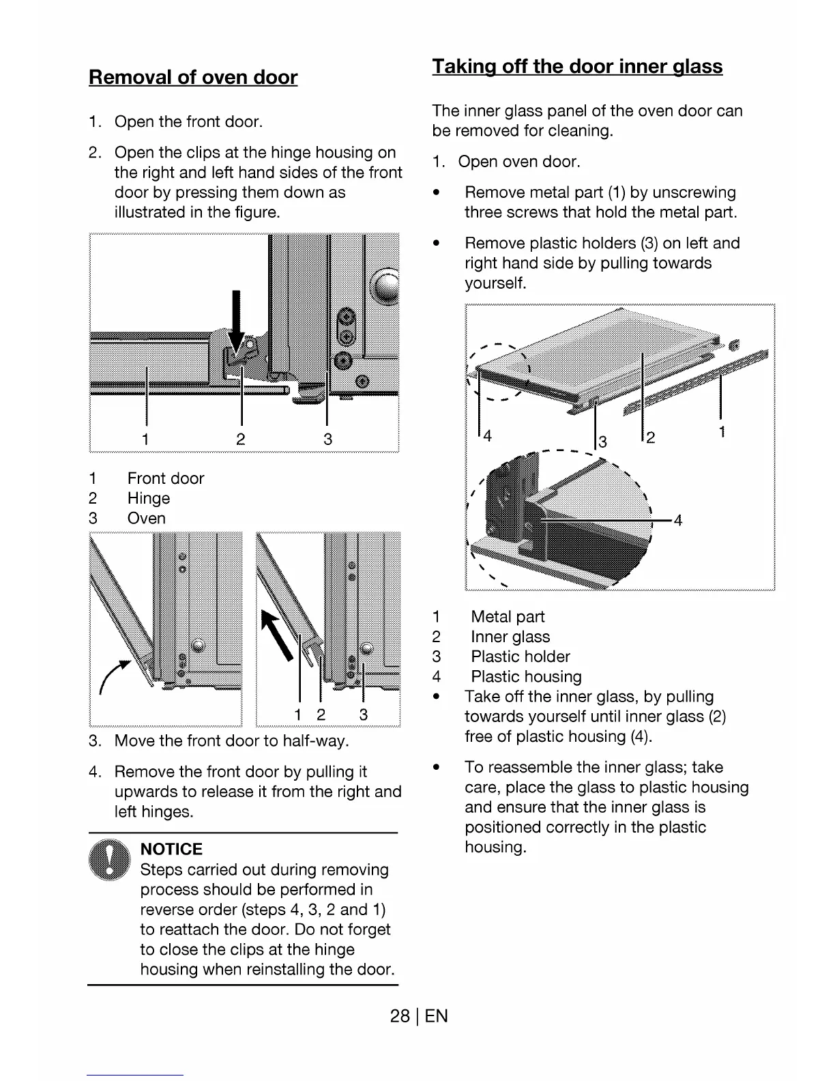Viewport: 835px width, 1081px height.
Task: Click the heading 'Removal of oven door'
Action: pyautogui.click(x=193, y=77)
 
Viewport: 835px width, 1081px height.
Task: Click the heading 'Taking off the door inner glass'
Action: pyautogui.click(x=577, y=66)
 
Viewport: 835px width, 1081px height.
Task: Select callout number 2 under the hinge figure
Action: pyautogui.click(x=241, y=439)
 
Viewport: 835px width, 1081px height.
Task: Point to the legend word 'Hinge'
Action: pyautogui.click(x=149, y=498)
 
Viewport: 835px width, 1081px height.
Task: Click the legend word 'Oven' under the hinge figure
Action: pyautogui.click(x=147, y=518)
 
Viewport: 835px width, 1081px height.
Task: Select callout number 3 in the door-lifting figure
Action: pyautogui.click(x=364, y=715)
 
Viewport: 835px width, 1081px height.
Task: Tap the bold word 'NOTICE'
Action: pyautogui.click(x=171, y=849)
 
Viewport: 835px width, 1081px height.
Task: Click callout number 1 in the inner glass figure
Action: pyautogui.click(x=722, y=431)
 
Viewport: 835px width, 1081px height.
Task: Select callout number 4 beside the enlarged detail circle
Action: pyautogui.click(x=678, y=521)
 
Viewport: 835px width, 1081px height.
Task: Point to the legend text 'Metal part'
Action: pyautogui.click(x=508, y=617)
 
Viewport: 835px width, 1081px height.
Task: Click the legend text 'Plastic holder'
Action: pyautogui.click(x=521, y=657)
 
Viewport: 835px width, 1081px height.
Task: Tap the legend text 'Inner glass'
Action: pyautogui.click(x=510, y=637)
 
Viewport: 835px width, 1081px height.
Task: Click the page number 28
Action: pyautogui.click(x=399, y=1016)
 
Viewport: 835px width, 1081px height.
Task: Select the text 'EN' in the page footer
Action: pyautogui.click(x=437, y=1016)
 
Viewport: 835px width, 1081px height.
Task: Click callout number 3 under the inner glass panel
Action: pyautogui.click(x=602, y=442)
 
